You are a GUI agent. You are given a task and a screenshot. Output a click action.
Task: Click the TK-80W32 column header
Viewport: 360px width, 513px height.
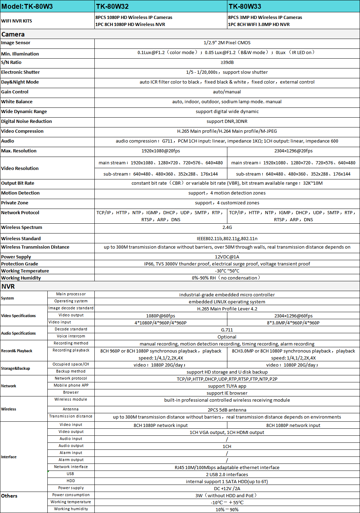pos(112,6)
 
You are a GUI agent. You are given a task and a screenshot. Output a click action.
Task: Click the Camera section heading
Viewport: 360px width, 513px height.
pos(13,34)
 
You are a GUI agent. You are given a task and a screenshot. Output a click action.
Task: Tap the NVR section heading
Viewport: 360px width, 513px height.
pos(8,286)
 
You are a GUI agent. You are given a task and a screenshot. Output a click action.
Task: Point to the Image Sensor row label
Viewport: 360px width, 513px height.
pos(16,43)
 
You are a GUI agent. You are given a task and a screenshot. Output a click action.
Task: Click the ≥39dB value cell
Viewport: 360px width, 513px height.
pos(227,63)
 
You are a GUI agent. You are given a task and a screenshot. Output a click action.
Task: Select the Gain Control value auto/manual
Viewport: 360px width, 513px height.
pos(227,92)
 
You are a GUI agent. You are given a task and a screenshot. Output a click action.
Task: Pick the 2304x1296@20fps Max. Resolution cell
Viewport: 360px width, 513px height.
pos(293,151)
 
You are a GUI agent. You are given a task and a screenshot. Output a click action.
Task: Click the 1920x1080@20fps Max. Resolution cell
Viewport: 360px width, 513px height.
pos(161,151)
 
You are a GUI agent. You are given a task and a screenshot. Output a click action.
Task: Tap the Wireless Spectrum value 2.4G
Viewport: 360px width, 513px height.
pos(227,228)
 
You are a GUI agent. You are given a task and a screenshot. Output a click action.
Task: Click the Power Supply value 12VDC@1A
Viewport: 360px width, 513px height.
pos(227,257)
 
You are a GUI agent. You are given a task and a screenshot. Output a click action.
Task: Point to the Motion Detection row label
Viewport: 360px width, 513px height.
pos(20,193)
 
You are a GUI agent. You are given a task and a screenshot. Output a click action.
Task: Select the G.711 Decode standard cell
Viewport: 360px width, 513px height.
pos(227,330)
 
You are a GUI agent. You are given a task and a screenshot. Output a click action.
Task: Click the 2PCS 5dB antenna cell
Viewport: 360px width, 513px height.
pos(227,410)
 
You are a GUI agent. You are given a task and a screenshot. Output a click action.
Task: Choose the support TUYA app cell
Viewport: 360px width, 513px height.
pos(227,386)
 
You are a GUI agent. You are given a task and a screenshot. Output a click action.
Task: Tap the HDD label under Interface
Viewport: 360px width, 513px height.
pos(71,481)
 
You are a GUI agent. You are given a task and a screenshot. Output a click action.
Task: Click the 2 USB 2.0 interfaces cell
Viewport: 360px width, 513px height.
pos(227,475)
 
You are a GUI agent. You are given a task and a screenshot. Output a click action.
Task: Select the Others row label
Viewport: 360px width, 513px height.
pos(9,496)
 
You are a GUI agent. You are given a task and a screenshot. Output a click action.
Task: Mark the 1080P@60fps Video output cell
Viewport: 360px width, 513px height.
pos(161,316)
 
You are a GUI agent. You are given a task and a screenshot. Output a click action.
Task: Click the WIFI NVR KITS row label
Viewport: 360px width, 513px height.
pos(16,21)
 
